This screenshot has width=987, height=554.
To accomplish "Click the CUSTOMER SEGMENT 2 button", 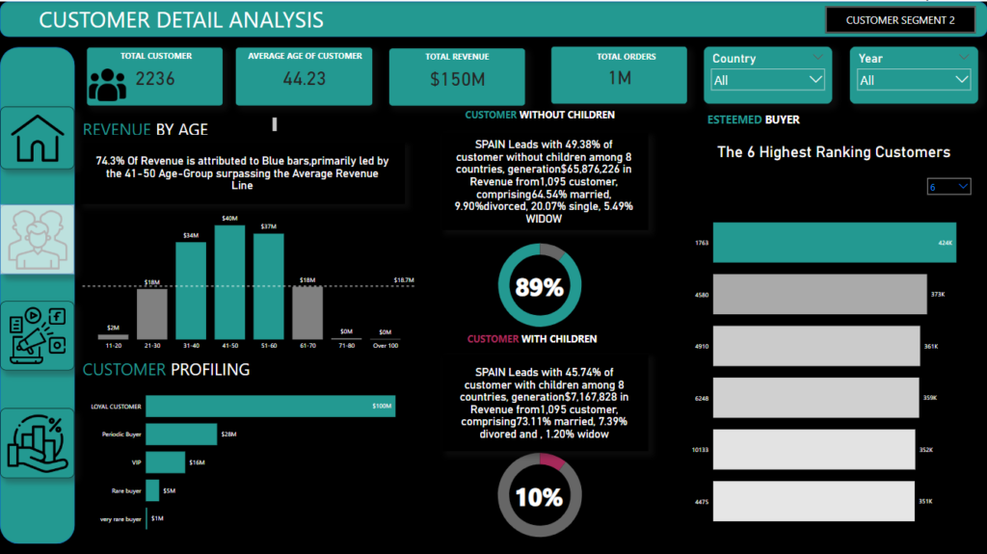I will pos(899,20).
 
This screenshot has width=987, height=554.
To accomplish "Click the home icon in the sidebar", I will pos(38,138).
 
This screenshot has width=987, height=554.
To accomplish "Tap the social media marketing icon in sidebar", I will pos(38,335).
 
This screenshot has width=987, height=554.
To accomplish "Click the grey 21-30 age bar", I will pos(151,314).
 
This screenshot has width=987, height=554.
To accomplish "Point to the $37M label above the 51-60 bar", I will pos(269,226).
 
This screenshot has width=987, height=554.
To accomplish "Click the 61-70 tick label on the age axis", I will pos(307,345).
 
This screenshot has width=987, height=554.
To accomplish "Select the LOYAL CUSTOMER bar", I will pos(270,407).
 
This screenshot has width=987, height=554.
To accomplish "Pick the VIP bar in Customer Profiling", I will pos(165,462).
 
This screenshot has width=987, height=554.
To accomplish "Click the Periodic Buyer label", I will pos(121,435).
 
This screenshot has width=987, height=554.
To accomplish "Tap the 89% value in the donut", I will pos(539,286).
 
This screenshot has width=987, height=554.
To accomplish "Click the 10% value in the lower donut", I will pos(539,497).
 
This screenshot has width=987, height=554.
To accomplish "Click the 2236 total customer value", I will pos(155,79).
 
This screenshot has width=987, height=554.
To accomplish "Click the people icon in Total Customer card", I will pos(106,85).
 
